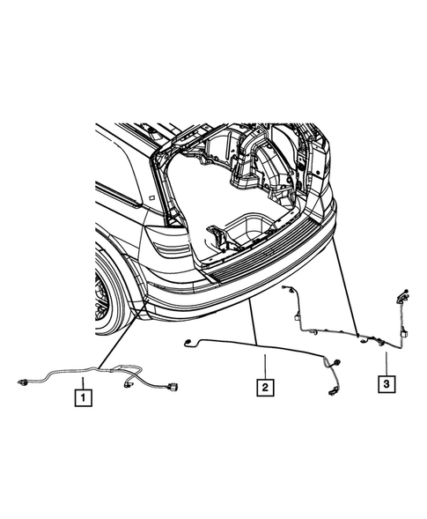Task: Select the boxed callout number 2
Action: tap(261, 385)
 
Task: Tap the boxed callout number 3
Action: tap(385, 383)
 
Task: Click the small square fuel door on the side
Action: tap(151, 200)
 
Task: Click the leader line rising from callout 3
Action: tap(385, 361)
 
